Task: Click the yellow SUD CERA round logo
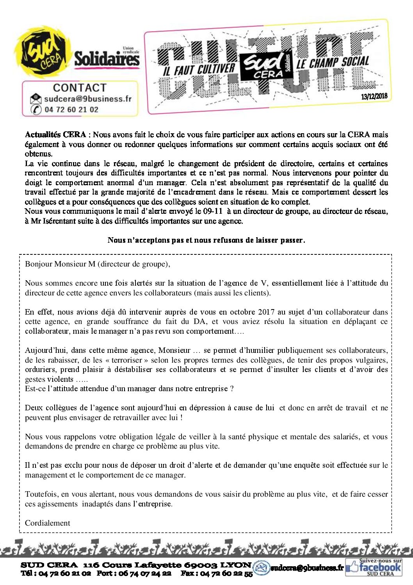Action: pos(43,55)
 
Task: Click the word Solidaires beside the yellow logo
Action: pos(107,59)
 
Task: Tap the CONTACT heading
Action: pos(80,88)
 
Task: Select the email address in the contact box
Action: pos(88,99)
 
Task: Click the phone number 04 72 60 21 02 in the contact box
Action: pos(71,110)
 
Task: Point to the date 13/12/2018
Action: pos(374,96)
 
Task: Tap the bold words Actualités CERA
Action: pos(55,135)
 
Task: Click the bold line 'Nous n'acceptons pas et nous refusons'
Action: pos(206,240)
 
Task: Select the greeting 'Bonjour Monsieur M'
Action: pos(60,264)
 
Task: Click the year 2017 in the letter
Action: pos(267,312)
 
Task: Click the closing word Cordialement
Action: pos(48,523)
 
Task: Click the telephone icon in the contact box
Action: pos(36,110)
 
